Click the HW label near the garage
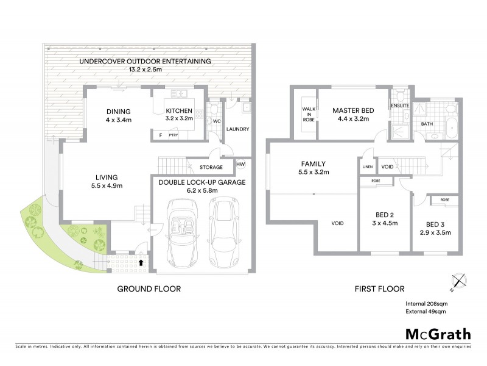[240, 164]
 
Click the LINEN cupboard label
[367, 166]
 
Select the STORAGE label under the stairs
[211, 167]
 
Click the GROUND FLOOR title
[149, 289]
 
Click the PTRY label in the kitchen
[173, 135]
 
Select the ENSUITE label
[400, 106]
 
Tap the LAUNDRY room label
[238, 129]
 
